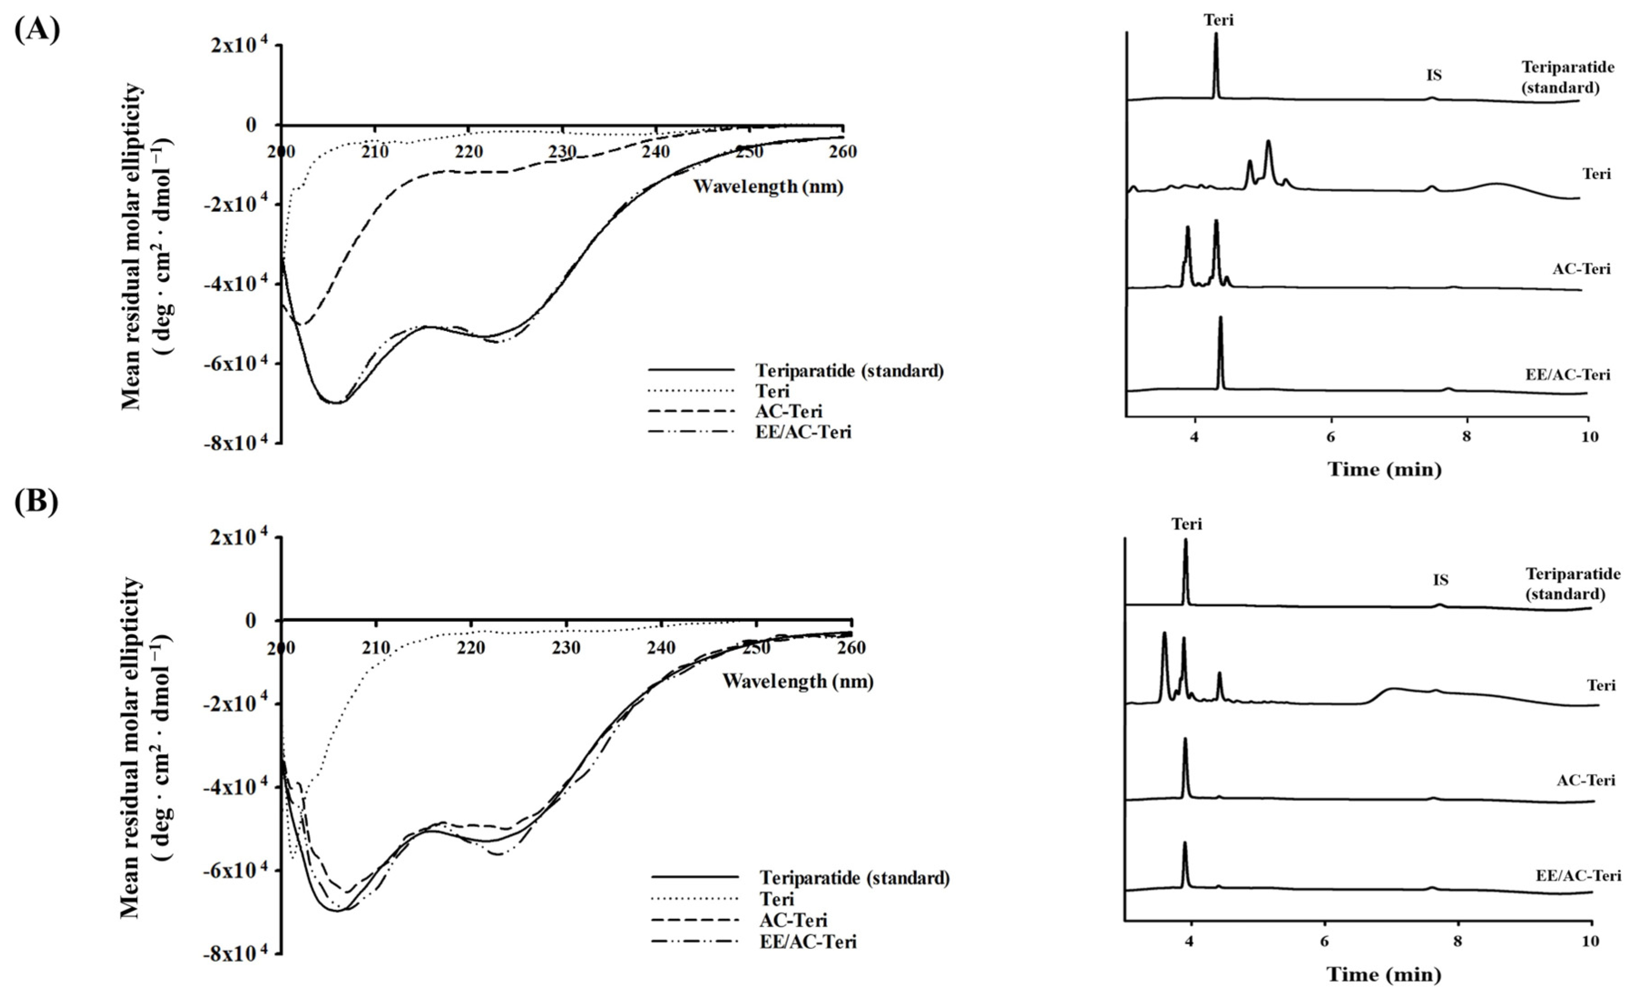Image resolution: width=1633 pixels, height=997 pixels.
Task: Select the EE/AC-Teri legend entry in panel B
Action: pyautogui.click(x=808, y=941)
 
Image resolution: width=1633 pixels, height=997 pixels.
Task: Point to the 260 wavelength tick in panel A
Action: pyautogui.click(x=842, y=152)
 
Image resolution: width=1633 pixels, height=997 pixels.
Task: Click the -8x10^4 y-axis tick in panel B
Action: pyautogui.click(x=238, y=954)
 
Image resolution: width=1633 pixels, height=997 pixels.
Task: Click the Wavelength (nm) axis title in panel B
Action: pyautogui.click(x=797, y=681)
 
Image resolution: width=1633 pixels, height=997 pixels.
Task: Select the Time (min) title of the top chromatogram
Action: pyautogui.click(x=1384, y=469)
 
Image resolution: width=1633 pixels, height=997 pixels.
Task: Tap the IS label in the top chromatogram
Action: pyautogui.click(x=1433, y=75)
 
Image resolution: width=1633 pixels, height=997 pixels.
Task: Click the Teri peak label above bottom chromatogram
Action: pyautogui.click(x=1186, y=524)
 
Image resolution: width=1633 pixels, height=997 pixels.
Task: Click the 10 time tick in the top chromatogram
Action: pyautogui.click(x=1589, y=437)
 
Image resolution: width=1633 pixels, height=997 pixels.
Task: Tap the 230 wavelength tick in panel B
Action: pyautogui.click(x=565, y=648)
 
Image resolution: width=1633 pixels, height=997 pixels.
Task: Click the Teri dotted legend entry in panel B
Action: pyautogui.click(x=776, y=899)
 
